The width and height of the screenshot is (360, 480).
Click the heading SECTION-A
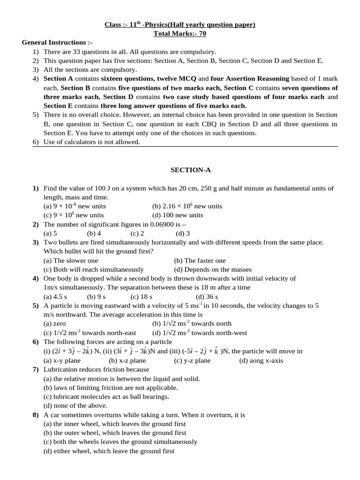(180, 170)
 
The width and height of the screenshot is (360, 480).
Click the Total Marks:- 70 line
(180, 33)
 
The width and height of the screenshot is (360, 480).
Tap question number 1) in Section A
(36, 188)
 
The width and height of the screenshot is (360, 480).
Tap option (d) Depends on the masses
(212, 270)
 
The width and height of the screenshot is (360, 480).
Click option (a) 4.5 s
(55, 297)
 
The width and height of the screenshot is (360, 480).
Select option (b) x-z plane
(127, 360)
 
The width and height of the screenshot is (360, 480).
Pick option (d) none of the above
(75, 405)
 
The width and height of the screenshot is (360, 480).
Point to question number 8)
(36, 415)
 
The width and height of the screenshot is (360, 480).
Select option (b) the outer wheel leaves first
(114, 433)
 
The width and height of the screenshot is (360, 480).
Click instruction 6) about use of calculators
(92, 142)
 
